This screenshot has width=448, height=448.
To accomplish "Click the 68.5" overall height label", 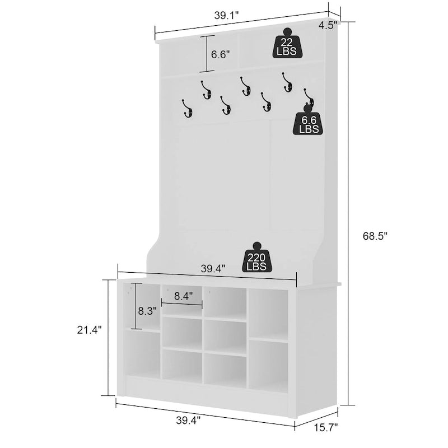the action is pos(375,236).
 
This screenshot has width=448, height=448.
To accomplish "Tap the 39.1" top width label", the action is pos(226,16).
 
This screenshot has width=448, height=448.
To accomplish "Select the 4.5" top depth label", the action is pos(328,25).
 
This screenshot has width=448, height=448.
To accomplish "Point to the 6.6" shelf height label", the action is pos(220,54).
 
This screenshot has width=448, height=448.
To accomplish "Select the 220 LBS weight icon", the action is pos(257,257).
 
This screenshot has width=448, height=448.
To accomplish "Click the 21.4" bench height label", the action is pos(89,330).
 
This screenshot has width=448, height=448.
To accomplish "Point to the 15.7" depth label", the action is pos(326,427).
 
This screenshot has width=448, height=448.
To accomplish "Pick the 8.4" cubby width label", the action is pos(184,296).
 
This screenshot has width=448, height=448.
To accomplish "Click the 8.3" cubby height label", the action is pos(147,311).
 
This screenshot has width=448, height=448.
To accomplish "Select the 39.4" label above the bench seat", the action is pos(213,269).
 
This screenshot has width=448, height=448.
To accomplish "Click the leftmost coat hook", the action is pos(187,109).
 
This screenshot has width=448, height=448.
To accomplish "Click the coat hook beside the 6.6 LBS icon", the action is pos(309,97).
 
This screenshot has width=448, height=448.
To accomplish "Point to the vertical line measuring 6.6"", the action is pos(207,53).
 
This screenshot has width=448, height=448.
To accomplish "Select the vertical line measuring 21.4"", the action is pos(108,338).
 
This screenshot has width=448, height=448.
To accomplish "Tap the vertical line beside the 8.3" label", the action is pos(136,306).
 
